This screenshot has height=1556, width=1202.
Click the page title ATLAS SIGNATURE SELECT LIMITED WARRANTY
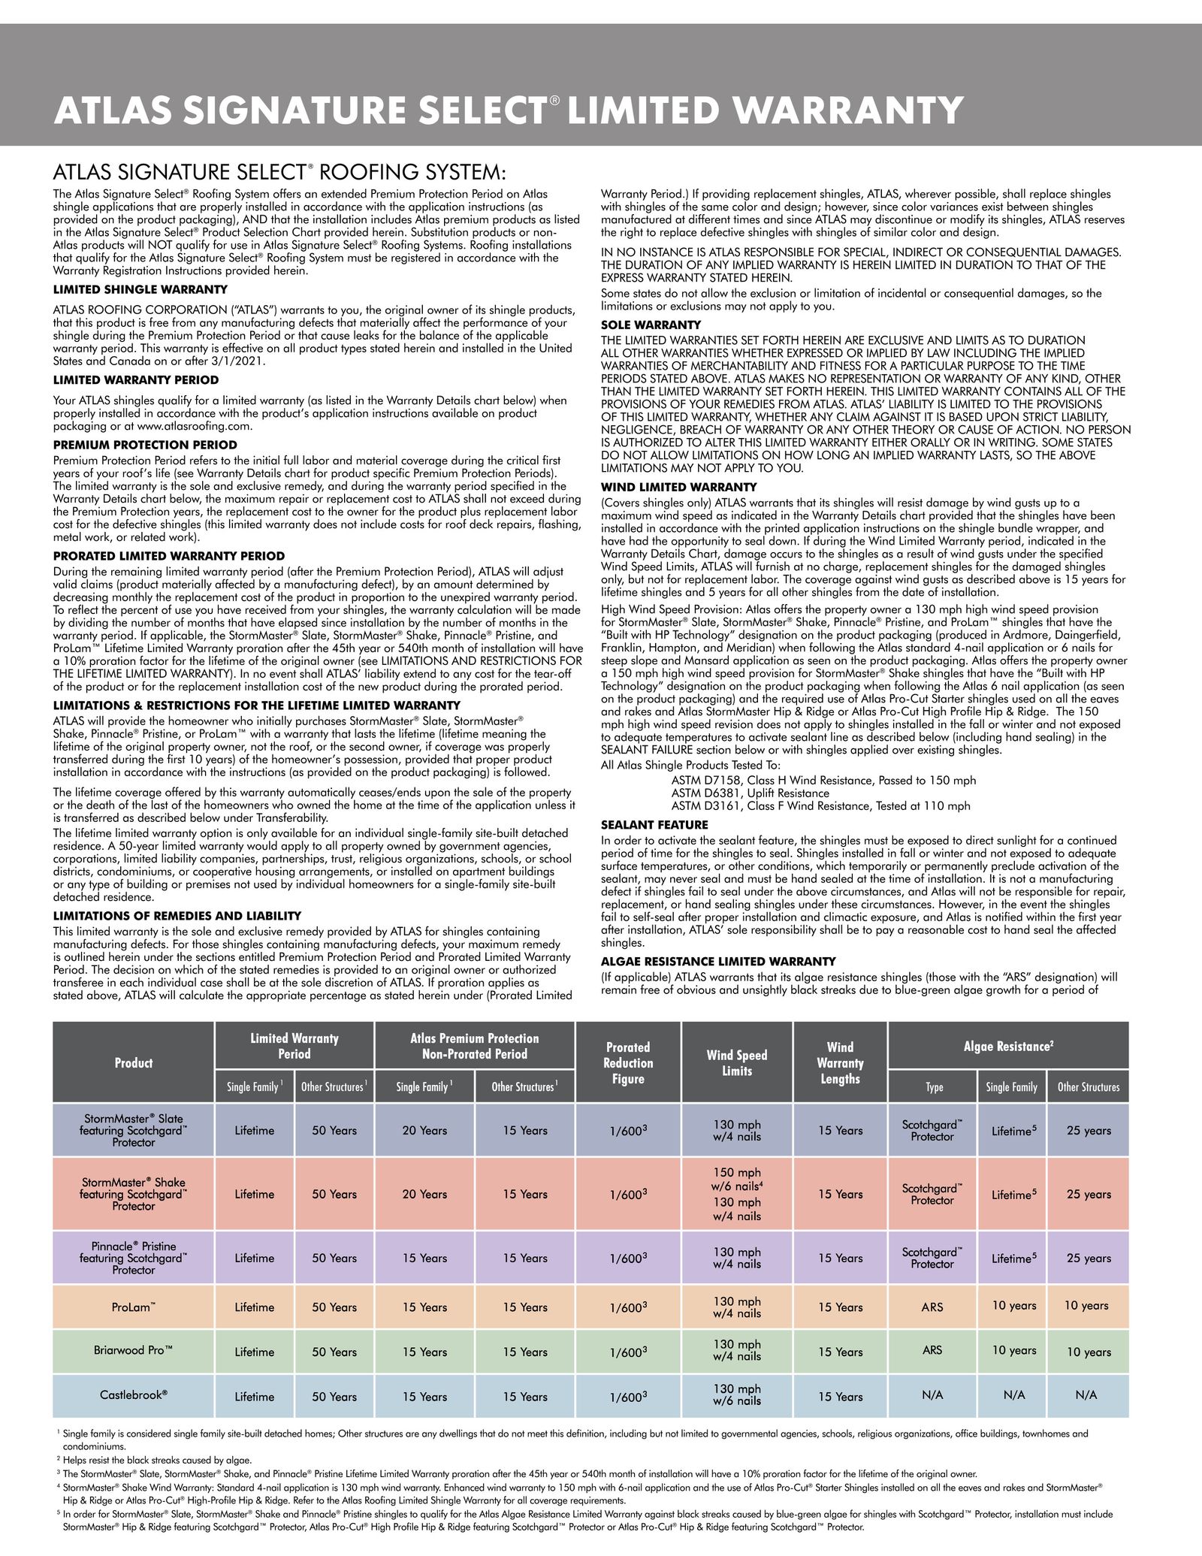pyautogui.click(x=508, y=110)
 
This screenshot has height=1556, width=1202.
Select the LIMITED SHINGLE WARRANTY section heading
pyautogui.click(x=140, y=289)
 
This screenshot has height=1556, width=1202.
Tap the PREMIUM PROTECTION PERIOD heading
pyautogui.click(x=145, y=445)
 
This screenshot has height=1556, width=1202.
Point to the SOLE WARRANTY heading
pyautogui.click(x=651, y=325)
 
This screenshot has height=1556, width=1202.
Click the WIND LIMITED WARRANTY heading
pyautogui.click(x=679, y=488)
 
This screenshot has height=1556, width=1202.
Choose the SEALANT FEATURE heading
pyautogui.click(x=654, y=825)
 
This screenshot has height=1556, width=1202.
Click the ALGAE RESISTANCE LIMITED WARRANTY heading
pyautogui.click(x=718, y=962)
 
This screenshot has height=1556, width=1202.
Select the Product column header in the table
pyautogui.click(x=134, y=1062)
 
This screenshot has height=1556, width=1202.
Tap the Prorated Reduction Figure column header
pyautogui.click(x=628, y=1062)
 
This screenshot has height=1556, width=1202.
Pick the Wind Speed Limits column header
pyautogui.click(x=737, y=1062)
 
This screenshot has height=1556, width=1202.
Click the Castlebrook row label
pyautogui.click(x=134, y=1394)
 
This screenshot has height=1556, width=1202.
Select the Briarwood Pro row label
pyautogui.click(x=134, y=1349)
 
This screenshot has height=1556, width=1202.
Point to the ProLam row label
pyautogui.click(x=134, y=1307)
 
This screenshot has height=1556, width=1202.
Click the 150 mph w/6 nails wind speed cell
pyautogui.click(x=737, y=1180)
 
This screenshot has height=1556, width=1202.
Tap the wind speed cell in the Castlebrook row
pyautogui.click(x=737, y=1395)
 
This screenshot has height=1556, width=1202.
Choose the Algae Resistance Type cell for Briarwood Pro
pyautogui.click(x=932, y=1350)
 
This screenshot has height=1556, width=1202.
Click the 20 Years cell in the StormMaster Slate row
pyautogui.click(x=424, y=1130)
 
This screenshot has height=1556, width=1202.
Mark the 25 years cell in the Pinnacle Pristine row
pyautogui.click(x=1089, y=1258)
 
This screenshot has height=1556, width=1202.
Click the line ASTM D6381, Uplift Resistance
pyautogui.click(x=750, y=793)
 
